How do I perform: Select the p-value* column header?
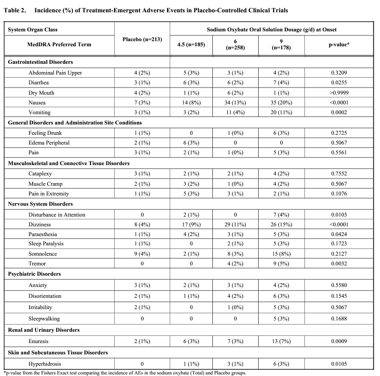[341, 44]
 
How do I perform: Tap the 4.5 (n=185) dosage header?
[191, 44]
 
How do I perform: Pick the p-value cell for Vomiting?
[341, 113]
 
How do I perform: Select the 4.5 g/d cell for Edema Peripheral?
[191, 142]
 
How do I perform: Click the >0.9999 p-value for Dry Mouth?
[341, 93]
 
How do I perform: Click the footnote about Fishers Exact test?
[154, 372]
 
